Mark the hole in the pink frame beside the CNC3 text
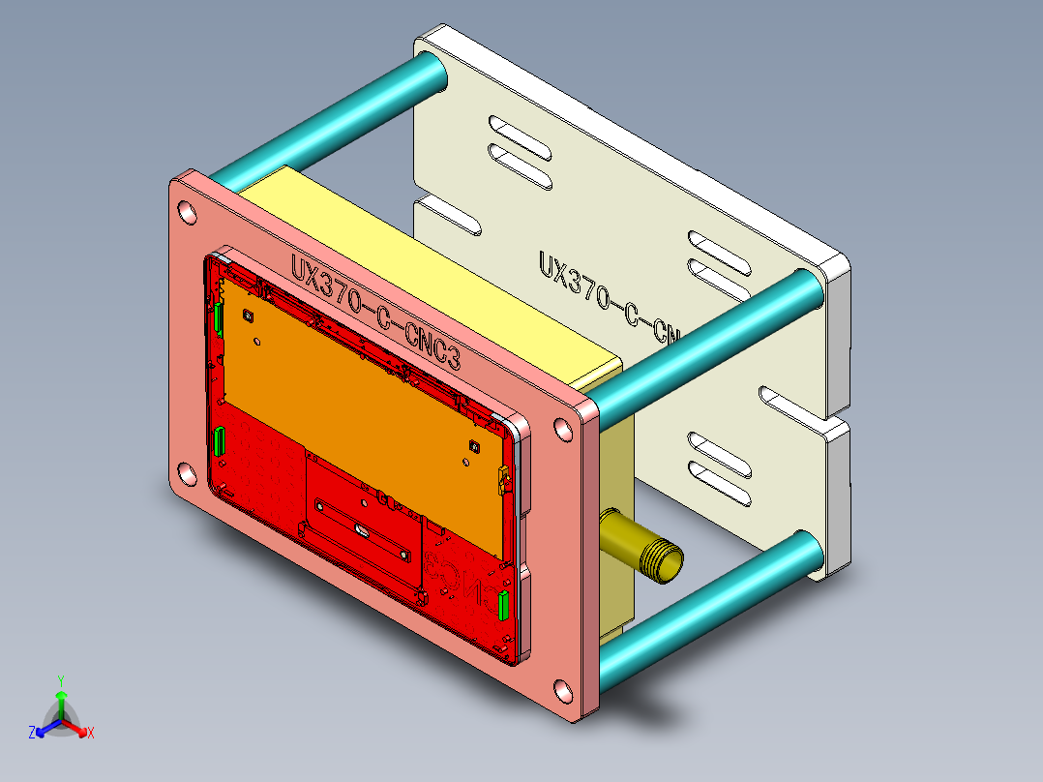(x=561, y=430)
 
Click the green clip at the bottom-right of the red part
(x=502, y=605)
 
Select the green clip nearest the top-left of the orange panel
(x=219, y=317)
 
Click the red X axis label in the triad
(x=91, y=733)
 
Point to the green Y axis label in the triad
(x=60, y=680)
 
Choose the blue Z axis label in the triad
(x=32, y=733)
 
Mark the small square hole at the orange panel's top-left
(x=249, y=316)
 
